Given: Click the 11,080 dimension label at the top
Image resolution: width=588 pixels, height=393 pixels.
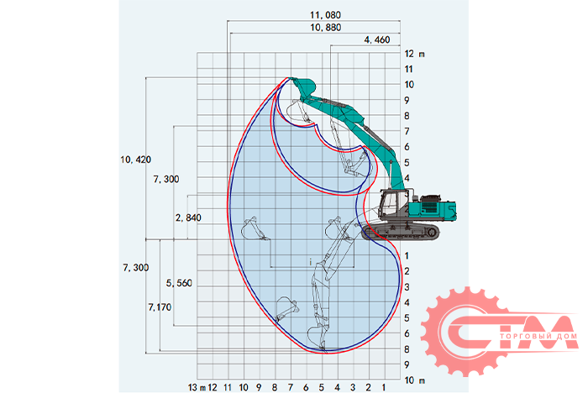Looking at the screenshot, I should pos(316,15).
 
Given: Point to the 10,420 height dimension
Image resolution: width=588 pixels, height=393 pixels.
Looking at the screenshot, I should pos(136,159).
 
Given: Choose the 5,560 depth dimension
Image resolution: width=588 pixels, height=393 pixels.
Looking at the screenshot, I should pos(179,283).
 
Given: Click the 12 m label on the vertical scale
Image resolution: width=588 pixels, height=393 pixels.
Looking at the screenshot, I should pos(415,54).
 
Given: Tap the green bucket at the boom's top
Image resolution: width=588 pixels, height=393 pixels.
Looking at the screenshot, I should pos(303,86).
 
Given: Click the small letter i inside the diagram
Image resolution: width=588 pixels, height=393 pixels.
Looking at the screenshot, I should pos(310,264).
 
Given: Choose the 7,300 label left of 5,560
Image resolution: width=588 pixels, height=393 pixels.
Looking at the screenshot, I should pos(136,267).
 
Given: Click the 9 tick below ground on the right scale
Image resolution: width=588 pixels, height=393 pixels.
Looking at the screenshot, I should pos(407,365).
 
